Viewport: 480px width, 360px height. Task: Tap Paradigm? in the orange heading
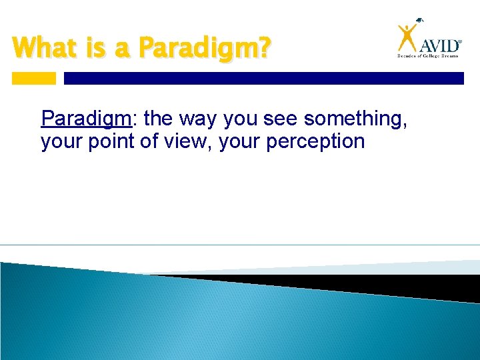(x=204, y=49)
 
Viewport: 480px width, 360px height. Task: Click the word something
(x=359, y=119)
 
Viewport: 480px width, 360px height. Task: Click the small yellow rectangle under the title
(x=34, y=78)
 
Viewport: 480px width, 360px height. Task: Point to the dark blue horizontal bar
(x=263, y=78)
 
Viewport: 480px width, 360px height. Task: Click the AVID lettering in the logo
(x=440, y=45)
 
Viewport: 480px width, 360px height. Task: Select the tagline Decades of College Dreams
(x=429, y=57)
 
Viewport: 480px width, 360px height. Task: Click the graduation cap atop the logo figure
(x=417, y=22)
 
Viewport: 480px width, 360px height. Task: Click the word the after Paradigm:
(x=158, y=119)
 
